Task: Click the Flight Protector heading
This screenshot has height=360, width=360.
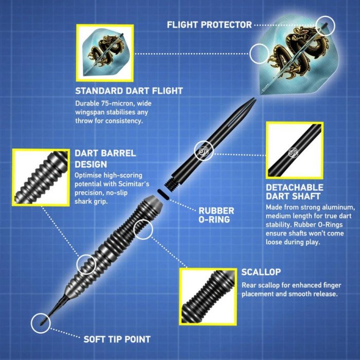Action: [209, 25]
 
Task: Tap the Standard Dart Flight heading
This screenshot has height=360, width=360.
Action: [129, 91]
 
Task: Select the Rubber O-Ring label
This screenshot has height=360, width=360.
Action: [217, 215]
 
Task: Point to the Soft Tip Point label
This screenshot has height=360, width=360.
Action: [117, 339]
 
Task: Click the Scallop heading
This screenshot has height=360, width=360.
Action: [261, 272]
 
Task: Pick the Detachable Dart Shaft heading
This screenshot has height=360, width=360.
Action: [295, 192]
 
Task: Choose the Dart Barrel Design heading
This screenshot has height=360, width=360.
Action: [105, 158]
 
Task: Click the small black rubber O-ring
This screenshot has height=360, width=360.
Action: [163, 194]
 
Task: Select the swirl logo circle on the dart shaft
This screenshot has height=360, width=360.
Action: [204, 151]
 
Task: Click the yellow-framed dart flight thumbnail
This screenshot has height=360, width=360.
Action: [105, 53]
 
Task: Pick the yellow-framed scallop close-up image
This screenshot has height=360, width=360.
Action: [208, 297]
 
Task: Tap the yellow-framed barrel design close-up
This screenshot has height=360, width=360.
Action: [41, 177]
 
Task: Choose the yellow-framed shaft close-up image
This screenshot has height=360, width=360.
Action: [295, 150]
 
